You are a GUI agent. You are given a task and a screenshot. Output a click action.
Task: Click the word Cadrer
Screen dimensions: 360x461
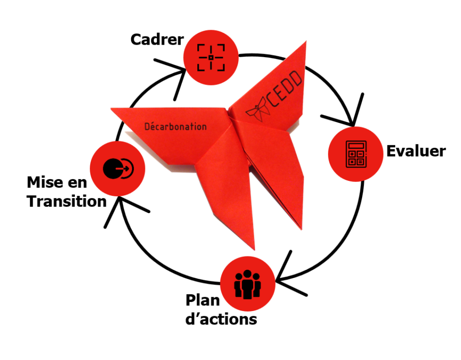point(157,39)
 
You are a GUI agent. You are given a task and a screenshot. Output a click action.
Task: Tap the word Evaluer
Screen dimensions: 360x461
point(416,151)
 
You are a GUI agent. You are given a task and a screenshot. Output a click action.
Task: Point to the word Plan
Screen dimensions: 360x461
point(202,300)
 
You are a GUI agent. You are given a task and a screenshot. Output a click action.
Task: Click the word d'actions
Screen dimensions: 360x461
point(221,319)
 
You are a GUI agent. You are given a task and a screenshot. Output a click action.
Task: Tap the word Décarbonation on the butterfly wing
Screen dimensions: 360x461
point(175,127)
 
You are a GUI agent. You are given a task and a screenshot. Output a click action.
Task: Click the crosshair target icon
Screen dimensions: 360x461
point(211,58)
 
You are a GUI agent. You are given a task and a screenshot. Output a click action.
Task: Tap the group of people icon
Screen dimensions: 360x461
point(247,284)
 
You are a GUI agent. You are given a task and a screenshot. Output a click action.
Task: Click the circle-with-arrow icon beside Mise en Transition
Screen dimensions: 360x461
point(118,168)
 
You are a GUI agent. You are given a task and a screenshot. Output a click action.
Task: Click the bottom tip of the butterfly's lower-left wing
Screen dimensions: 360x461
point(253,249)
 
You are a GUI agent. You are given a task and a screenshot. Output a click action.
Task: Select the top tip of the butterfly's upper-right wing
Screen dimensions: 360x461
point(305,43)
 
